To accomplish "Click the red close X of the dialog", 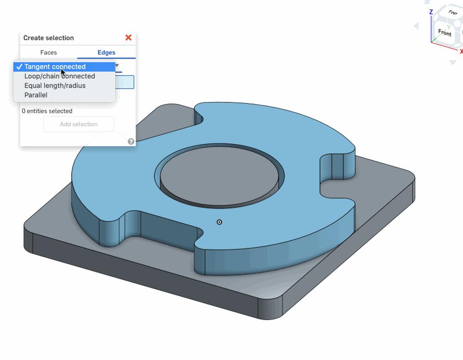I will (x=128, y=37).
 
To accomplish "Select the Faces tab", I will (x=48, y=52).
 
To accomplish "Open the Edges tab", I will (x=106, y=52).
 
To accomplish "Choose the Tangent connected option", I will (x=55, y=67).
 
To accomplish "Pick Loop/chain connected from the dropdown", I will (x=59, y=76).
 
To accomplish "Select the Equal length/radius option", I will (x=55, y=86).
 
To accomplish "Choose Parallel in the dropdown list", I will (x=36, y=95).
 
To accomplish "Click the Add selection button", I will (x=79, y=124).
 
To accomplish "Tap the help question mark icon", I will (x=131, y=141).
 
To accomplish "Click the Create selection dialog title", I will (x=48, y=38).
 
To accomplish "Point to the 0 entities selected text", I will (x=47, y=111).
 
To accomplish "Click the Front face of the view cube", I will (x=444, y=33).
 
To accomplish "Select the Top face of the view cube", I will (x=452, y=12).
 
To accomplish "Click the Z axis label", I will (x=431, y=12).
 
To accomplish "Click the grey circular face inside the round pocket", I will (x=219, y=176).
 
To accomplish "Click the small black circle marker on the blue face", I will (x=219, y=222).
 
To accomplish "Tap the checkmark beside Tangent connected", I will (x=19, y=67).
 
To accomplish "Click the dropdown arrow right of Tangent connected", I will (x=117, y=66).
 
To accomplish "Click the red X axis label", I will (x=461, y=51).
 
